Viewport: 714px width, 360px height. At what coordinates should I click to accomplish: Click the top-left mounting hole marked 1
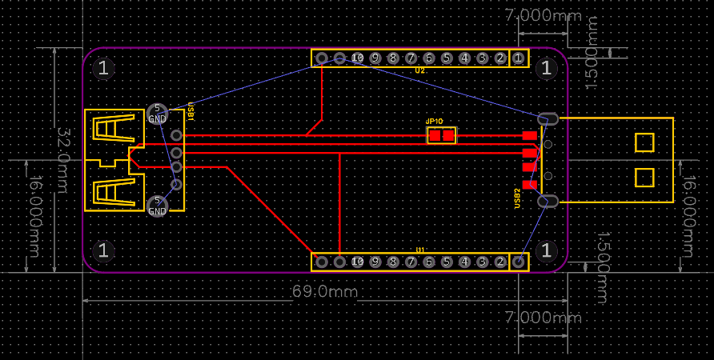click(103, 68)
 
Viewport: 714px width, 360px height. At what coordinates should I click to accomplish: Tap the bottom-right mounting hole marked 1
click(547, 250)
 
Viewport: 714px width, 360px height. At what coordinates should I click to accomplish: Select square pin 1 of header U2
click(518, 58)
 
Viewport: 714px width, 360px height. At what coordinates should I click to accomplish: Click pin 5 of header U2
click(447, 58)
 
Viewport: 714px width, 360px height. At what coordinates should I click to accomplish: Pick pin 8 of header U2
click(393, 58)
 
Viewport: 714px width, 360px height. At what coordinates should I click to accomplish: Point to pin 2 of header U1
click(500, 262)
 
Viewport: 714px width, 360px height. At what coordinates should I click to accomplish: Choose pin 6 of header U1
click(429, 262)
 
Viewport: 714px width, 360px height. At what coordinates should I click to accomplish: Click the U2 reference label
click(419, 71)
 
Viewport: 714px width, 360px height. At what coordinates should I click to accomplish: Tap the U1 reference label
click(419, 250)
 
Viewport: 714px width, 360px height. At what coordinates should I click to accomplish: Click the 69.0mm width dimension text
click(324, 291)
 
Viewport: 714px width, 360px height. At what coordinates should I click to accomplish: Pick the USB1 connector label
click(191, 111)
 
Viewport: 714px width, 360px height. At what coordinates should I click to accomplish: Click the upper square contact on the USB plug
click(644, 142)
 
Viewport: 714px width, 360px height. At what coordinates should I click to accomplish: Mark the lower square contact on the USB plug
click(644, 177)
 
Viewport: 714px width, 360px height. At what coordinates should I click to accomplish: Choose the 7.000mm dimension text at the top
click(543, 15)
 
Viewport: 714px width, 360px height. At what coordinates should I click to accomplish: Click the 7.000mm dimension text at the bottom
click(543, 318)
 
